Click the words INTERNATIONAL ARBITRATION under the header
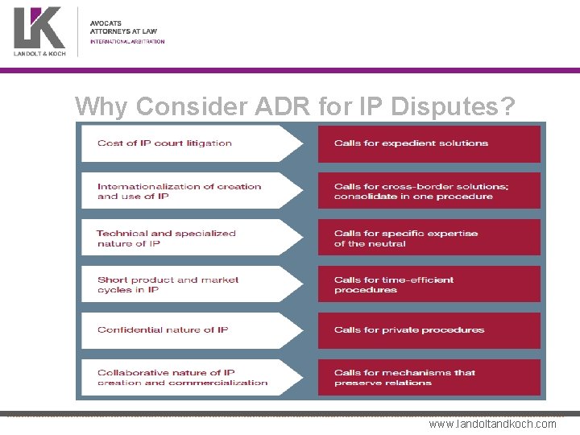127,41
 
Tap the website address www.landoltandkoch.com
492,424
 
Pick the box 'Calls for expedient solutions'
429,143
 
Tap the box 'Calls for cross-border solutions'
429,191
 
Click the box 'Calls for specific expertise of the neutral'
429,238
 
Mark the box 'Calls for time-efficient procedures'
429,284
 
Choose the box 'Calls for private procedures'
429,330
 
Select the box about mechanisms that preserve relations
429,377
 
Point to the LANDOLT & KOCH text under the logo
39,53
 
